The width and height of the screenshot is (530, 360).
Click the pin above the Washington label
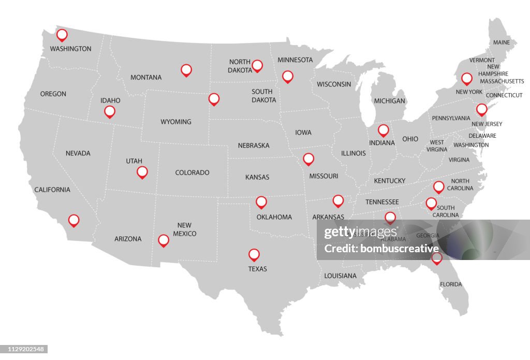[62, 35]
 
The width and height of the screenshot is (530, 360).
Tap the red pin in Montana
[186, 69]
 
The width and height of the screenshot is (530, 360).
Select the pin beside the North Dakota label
[257, 65]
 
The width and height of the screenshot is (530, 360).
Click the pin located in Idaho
[110, 111]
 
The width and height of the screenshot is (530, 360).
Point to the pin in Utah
[142, 172]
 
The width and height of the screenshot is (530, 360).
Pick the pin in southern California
[74, 220]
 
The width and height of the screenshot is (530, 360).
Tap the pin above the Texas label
[254, 254]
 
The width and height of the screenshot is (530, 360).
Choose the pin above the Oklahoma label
[261, 202]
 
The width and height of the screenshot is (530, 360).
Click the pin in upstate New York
[467, 78]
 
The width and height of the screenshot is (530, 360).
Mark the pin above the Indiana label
[384, 129]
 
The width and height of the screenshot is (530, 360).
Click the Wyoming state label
[176, 122]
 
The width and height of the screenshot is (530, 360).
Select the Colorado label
[192, 172]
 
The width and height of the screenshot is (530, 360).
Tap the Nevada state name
[78, 153]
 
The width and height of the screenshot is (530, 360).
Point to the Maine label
[501, 42]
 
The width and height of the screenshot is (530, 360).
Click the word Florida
[451, 284]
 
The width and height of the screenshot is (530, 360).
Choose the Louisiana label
[341, 276]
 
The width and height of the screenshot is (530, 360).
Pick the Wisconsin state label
[334, 84]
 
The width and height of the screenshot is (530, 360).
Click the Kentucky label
[390, 181]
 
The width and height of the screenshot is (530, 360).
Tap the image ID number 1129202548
[24, 349]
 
